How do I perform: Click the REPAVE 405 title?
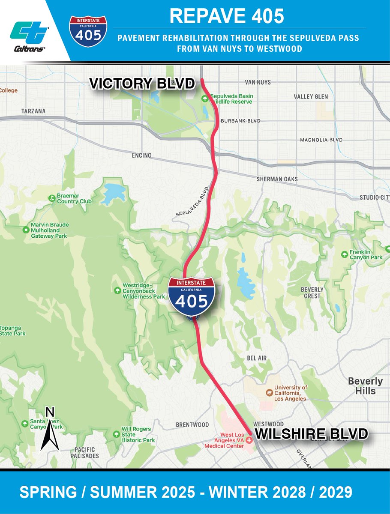226,16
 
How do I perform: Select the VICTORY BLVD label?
142,84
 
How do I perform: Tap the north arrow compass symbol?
50,430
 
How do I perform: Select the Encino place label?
142,155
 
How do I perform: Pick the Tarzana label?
33,111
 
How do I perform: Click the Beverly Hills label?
365,386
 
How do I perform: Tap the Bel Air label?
257,358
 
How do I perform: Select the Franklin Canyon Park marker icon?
344,254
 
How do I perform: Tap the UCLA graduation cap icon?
269,392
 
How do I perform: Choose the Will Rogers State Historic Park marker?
115,434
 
